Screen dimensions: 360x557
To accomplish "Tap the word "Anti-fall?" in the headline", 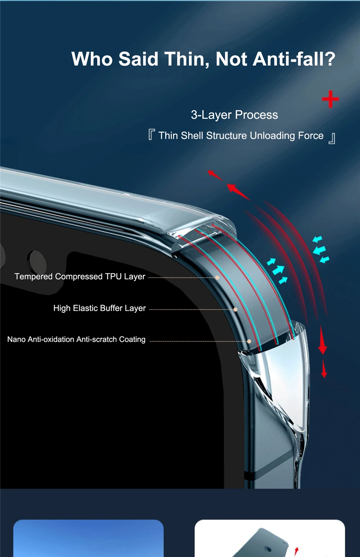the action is (294, 59).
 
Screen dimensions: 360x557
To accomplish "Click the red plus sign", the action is (330, 99).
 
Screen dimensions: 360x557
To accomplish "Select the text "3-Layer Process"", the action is (234, 115).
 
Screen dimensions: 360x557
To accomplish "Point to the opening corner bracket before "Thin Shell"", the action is (152, 135).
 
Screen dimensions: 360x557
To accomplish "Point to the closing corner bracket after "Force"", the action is (332, 138).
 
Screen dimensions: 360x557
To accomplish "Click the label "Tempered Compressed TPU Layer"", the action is (80, 276).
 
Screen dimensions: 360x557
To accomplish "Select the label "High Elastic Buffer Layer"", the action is (99, 308).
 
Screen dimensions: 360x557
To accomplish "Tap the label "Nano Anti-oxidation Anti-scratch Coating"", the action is (76, 339).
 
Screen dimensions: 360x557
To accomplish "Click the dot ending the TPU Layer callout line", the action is (217, 278).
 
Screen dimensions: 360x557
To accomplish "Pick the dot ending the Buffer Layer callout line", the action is (235, 309).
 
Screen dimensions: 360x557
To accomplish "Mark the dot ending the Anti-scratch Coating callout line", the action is (249, 341).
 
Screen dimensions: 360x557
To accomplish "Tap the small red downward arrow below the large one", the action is (324, 370).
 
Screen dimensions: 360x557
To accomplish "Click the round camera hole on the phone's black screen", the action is (37, 261).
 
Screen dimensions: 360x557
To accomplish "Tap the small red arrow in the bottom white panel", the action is (296, 551).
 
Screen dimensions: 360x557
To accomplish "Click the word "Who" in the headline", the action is (92, 59).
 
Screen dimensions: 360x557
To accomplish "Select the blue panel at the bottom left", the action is (89, 538).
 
